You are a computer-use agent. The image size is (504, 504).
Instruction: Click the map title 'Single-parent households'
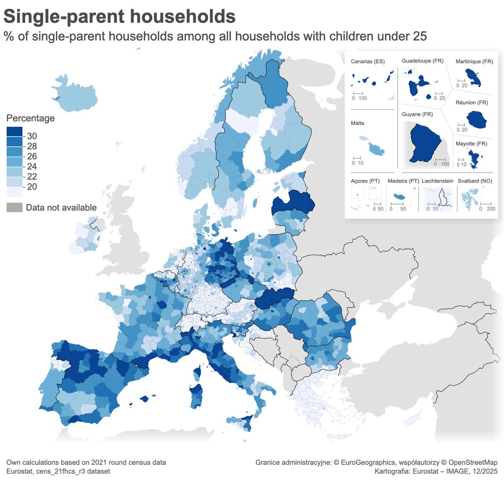point(119,17)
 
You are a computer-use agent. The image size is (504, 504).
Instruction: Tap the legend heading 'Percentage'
point(30,118)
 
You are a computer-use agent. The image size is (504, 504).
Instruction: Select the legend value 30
point(32,136)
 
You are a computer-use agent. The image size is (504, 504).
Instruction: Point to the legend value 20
point(32,187)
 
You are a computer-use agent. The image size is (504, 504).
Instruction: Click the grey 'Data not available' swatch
point(14,207)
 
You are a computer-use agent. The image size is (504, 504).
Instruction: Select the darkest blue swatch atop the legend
point(14,131)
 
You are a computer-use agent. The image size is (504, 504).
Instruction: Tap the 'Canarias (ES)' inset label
point(367,62)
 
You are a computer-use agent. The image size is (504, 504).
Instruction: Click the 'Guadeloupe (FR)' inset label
point(423,61)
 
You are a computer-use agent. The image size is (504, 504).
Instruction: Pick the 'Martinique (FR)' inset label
point(474,62)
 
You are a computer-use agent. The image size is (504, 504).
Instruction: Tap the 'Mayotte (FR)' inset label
point(471,144)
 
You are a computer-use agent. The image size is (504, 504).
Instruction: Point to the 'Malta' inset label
point(357,123)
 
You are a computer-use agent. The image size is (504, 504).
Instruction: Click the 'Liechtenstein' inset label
point(437,181)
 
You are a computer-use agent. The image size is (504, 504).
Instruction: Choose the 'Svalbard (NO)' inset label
point(475,181)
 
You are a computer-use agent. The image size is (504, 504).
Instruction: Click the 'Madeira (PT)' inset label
point(403,181)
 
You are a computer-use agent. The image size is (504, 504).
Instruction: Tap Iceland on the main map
point(76,94)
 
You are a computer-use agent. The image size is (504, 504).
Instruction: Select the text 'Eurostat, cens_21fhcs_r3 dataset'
point(58,471)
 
